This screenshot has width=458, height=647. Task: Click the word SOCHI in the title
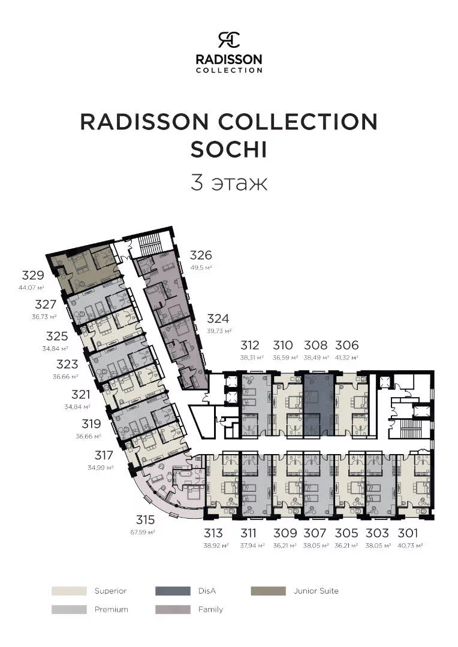pos(229,149)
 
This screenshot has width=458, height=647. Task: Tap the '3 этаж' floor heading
pos(229,183)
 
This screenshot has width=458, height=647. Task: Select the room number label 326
pos(201,255)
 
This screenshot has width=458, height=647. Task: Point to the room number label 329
pos(32,275)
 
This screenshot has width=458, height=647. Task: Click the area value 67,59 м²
pos(143,533)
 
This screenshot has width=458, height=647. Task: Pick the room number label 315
pos(145,519)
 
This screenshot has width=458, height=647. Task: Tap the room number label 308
pos(315,345)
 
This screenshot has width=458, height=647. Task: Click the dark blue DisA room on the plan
pos(318,405)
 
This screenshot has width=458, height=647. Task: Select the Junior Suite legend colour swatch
pos(268,591)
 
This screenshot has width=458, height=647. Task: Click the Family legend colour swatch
pos(173,609)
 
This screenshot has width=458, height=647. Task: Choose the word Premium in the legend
pos(111,609)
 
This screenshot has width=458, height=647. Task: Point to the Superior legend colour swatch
pos(69,591)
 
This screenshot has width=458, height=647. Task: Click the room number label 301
pos(408,533)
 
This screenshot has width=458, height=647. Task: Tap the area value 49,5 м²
pos(201,267)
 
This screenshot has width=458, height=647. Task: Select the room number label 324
pos(218,319)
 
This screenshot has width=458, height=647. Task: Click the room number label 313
pos(213,533)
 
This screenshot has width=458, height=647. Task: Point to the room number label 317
pos(103,455)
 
